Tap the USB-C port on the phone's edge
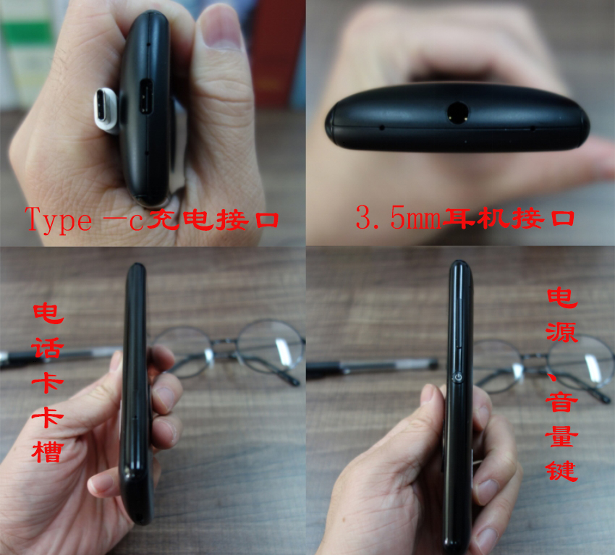[145, 98]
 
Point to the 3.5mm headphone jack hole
[457, 112]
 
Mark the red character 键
[562, 469]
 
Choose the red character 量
[562, 435]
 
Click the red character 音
[562, 400]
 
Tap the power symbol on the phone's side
[459, 377]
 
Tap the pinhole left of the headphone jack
[381, 128]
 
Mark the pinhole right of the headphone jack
[533, 128]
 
